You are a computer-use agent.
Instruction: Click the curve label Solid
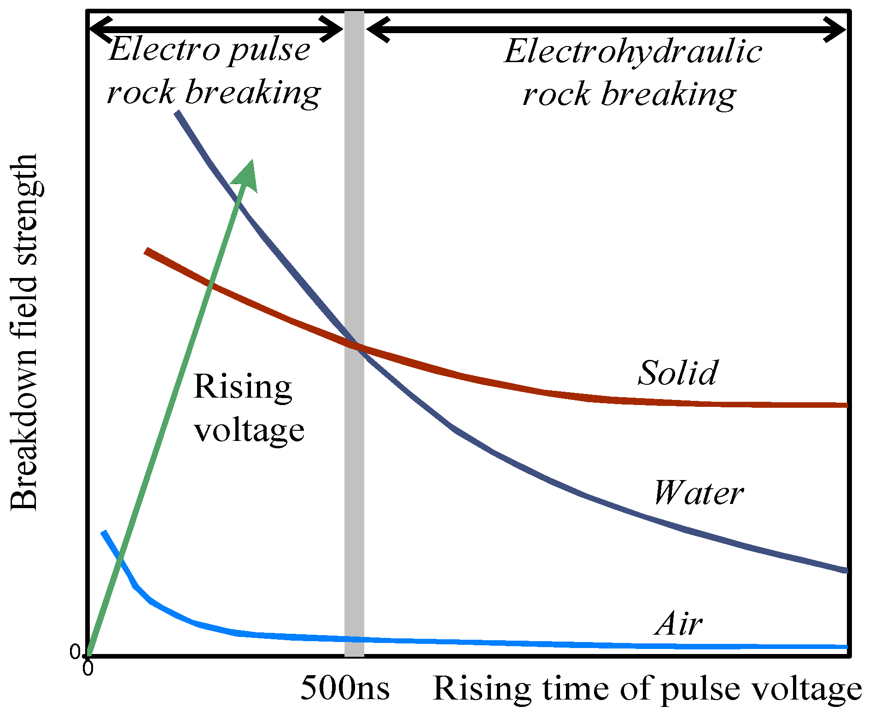(677, 372)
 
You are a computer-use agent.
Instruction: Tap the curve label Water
(698, 492)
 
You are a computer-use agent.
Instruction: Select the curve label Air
(678, 625)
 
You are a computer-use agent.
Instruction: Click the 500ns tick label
(345, 689)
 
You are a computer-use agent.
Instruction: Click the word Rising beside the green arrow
(243, 387)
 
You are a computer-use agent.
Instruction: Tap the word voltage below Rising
(249, 430)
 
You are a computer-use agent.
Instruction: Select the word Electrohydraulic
(633, 52)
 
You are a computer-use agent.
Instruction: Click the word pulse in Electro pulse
(270, 50)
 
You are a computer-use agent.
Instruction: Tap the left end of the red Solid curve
(146, 251)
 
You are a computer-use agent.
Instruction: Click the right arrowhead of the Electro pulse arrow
(334, 29)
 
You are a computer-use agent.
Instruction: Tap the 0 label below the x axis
(87, 668)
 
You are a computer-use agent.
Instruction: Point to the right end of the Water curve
(845, 570)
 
